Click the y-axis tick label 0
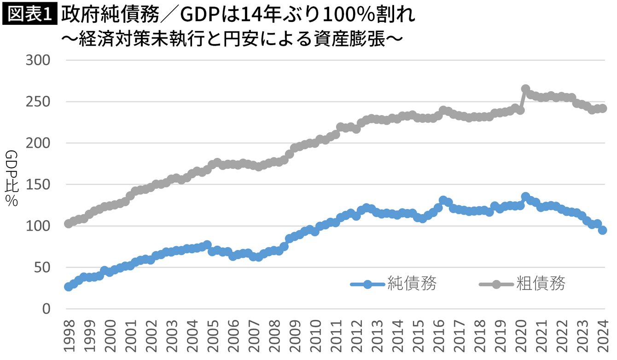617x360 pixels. (47, 309)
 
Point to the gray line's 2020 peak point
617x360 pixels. (525, 89)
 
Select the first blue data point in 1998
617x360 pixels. (69, 286)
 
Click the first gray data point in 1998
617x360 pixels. (69, 224)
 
